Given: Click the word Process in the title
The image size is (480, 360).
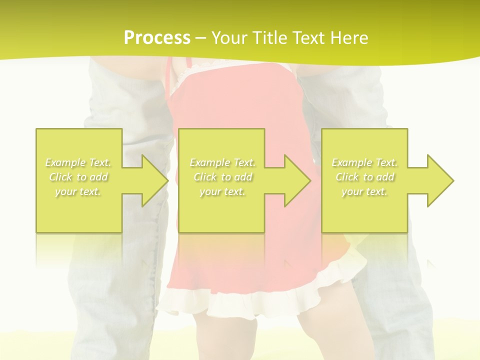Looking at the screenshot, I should (x=157, y=38).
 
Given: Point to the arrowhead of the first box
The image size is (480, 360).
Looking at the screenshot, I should (x=155, y=180).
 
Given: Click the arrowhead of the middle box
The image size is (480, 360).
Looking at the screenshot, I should (x=297, y=180).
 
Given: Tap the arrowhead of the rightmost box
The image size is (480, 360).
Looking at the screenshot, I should (x=440, y=180).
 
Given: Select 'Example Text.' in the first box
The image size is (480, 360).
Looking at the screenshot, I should (x=78, y=162).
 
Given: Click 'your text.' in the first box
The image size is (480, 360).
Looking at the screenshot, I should (x=78, y=191).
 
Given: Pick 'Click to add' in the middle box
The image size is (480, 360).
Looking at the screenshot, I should (x=222, y=177).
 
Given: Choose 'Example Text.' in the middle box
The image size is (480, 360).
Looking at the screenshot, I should (x=222, y=162).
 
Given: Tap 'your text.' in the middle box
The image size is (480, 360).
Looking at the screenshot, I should (x=222, y=191).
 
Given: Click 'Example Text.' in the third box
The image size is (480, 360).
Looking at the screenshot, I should (x=364, y=162).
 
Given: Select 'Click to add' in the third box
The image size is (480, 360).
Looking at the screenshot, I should (x=364, y=177).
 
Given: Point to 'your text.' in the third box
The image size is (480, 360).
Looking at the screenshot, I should (x=364, y=191).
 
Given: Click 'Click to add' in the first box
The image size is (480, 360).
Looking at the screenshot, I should (x=78, y=177).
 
